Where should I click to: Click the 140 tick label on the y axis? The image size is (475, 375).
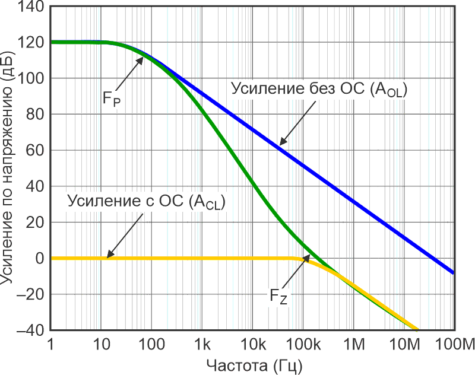point(30,7)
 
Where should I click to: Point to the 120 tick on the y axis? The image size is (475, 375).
point(30,43)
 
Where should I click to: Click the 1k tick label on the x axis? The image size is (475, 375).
point(202,344)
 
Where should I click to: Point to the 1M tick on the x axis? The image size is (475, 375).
point(354,344)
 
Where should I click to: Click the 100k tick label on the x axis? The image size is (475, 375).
point(303,344)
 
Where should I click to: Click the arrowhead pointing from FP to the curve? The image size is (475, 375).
point(142,58)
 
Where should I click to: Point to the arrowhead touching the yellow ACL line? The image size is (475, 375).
point(109,256)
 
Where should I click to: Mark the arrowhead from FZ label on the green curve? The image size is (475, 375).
point(309,256)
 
